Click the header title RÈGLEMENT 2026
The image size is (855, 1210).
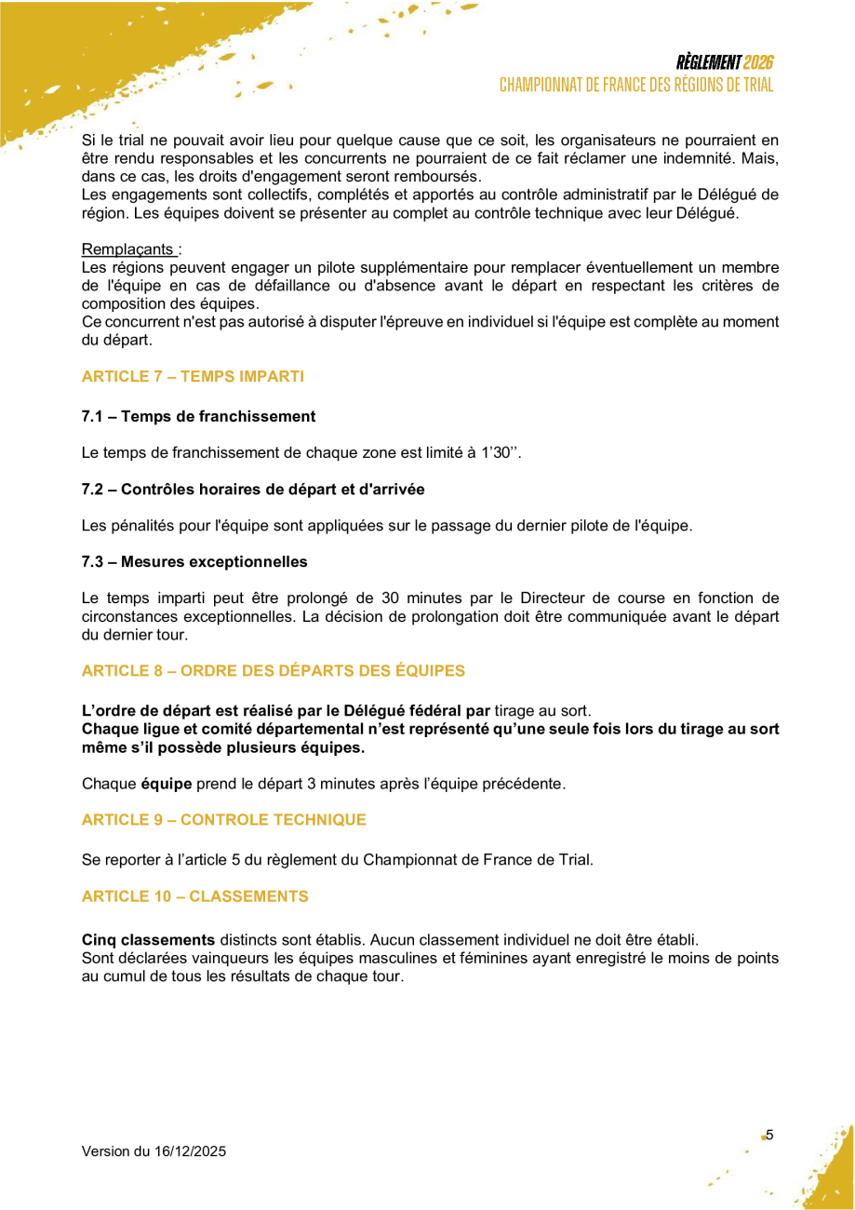[725, 63]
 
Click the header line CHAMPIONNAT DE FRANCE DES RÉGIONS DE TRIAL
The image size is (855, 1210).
[636, 85]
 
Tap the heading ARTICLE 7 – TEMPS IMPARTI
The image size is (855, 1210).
[193, 376]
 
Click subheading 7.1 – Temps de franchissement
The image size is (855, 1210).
[198, 416]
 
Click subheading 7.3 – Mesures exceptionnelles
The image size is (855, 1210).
[194, 561]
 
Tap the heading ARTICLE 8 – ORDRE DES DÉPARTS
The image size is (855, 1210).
[274, 670]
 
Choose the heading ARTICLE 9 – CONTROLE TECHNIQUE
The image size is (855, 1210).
[223, 820]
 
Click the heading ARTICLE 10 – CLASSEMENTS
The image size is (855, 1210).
[194, 896]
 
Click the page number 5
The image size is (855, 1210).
[769, 1135]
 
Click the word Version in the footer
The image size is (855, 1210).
[106, 1151]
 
